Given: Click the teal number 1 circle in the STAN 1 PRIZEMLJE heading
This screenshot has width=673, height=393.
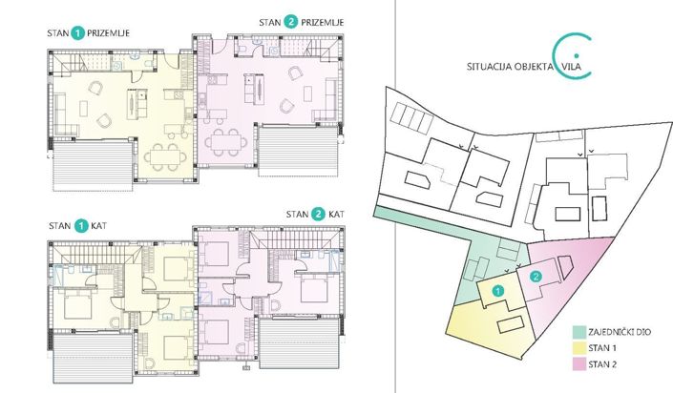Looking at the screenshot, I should [77, 32].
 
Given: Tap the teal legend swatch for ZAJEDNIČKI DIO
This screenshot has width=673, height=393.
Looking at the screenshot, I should [578, 332].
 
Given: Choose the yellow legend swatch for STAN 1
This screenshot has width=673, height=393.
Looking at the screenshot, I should [578, 348].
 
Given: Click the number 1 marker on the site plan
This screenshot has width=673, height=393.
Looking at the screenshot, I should [496, 289].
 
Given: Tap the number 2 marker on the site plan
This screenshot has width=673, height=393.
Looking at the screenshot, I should [536, 276].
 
